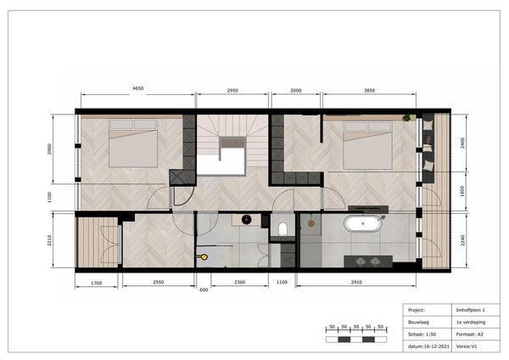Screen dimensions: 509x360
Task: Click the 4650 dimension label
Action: click(x=138, y=88)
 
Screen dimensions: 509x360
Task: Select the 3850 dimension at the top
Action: click(x=369, y=91)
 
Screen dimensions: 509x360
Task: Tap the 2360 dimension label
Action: click(x=239, y=282)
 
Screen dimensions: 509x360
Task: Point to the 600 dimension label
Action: click(x=204, y=290)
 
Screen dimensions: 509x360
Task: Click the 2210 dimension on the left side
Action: click(x=50, y=240)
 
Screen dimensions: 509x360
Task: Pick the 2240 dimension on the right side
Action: click(x=462, y=240)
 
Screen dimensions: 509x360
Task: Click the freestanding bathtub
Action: click(x=363, y=223)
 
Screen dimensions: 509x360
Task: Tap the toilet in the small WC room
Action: click(x=282, y=228)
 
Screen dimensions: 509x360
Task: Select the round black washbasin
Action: click(x=246, y=220)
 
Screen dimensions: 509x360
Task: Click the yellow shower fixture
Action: click(x=204, y=257)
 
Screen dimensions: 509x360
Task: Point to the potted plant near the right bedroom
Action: click(x=406, y=118)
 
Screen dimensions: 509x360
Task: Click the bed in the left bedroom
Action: click(x=133, y=143)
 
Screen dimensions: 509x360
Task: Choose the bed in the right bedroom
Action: click(x=368, y=145)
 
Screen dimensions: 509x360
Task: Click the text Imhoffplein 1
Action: click(x=470, y=310)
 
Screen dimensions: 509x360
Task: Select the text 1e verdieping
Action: click(x=471, y=322)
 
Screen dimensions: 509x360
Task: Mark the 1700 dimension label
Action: click(x=96, y=283)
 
